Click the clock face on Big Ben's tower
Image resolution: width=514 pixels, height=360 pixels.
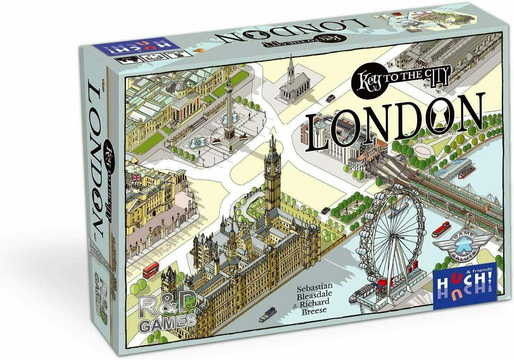click(x=268, y=169)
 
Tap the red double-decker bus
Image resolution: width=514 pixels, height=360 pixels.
click(x=151, y=270)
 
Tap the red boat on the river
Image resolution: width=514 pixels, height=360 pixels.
click(x=441, y=229)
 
